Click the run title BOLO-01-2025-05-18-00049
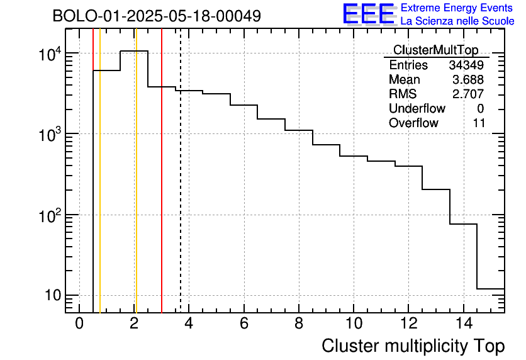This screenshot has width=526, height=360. click(x=157, y=16)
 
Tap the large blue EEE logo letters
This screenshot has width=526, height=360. click(x=368, y=14)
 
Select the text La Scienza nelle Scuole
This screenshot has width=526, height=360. click(x=457, y=21)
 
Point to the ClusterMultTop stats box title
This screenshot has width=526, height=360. click(x=435, y=50)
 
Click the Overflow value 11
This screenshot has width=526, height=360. click(x=479, y=123)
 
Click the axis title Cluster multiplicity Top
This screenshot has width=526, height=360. click(x=413, y=346)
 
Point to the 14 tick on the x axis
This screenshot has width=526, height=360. click(x=463, y=324)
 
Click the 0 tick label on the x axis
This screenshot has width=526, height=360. click(x=79, y=324)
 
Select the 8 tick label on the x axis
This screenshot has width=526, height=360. click(x=299, y=324)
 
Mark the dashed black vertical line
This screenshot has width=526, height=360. click(x=181, y=189)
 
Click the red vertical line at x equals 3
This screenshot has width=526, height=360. click(x=162, y=189)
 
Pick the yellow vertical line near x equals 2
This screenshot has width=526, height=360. click(x=136, y=189)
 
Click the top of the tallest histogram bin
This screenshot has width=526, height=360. click(x=134, y=51)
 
